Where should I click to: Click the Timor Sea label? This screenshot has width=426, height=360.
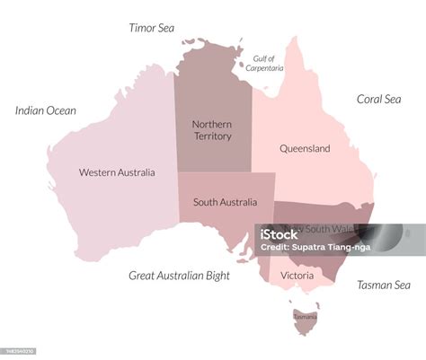coord(151,28)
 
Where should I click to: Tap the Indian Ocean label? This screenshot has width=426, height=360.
coord(46,110)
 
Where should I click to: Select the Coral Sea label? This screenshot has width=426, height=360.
coord(378,100)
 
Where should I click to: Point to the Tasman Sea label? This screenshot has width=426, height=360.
coord(384,285)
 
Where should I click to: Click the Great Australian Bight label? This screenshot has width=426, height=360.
coord(179,276)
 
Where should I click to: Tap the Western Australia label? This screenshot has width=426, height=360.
coord(117,172)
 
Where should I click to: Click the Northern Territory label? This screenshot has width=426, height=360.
coord(212,129)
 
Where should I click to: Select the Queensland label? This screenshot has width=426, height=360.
coord(305,148)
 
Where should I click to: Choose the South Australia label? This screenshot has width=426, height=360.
coord(225,202)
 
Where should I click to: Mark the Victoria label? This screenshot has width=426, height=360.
coord(297,275)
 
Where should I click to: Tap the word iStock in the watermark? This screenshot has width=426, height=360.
coord(280,235)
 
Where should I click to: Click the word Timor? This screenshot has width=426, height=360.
coord(141,28)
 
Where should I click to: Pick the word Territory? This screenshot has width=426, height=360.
coord(212,136)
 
